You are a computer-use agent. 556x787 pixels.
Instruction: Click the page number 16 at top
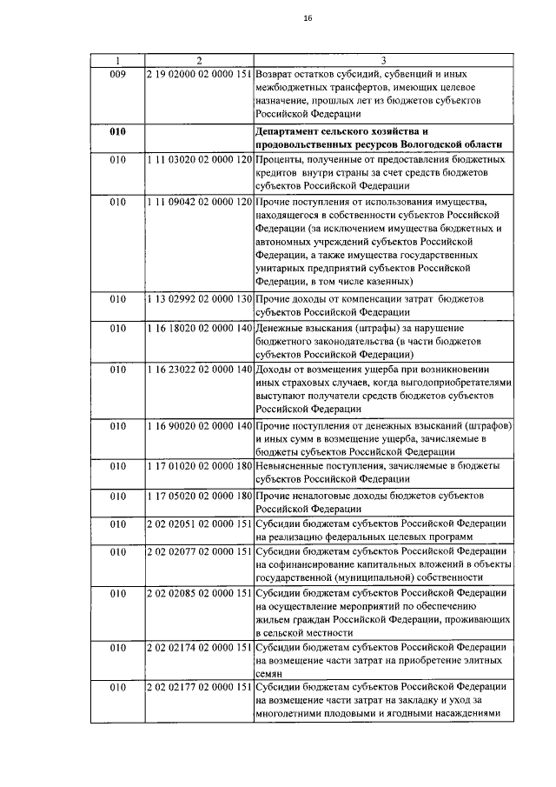[x=283, y=19]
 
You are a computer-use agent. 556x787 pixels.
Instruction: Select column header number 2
[x=199, y=60]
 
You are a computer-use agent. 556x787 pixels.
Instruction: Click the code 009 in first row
[x=119, y=75]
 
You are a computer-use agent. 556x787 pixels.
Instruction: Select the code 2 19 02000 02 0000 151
[x=199, y=75]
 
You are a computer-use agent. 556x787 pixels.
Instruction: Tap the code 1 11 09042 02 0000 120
[x=199, y=201]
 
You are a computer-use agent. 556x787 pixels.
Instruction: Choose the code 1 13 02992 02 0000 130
[x=199, y=299]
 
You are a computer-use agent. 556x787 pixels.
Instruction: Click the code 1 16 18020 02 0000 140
[x=199, y=328]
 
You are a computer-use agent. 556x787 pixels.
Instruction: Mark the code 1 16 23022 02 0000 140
[x=199, y=370]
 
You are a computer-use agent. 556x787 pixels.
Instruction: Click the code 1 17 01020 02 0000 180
[x=199, y=467]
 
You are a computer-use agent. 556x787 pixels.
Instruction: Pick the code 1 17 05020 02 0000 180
[x=199, y=496]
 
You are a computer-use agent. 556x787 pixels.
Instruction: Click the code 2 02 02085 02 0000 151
[x=199, y=593]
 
